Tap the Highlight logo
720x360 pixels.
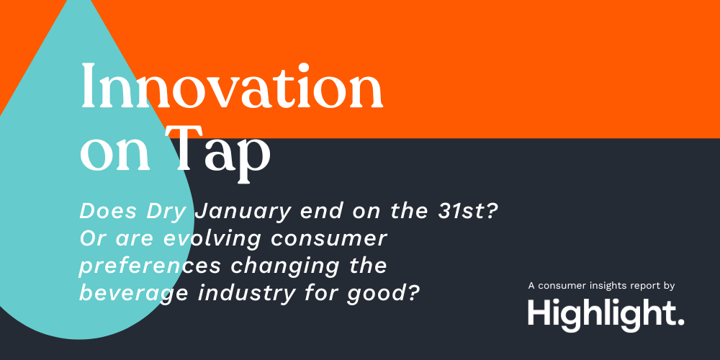coord(605,313)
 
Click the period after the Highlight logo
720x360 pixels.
coord(681,322)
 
